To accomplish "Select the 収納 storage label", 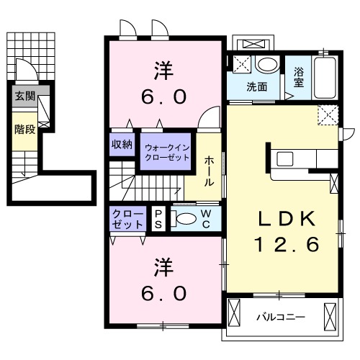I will pyautogui.click(x=122, y=144).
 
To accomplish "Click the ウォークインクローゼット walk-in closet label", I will pyautogui.click(x=166, y=153).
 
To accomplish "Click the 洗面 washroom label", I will pyautogui.click(x=257, y=87).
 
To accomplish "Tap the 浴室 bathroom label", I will pyautogui.click(x=298, y=77).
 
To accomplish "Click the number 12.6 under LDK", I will pyautogui.click(x=284, y=245).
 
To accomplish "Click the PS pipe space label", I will pyautogui.click(x=158, y=219).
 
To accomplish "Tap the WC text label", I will pyautogui.click(x=205, y=218).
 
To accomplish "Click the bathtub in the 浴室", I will pyautogui.click(x=328, y=78).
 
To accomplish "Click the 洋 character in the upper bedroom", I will pyautogui.click(x=163, y=71).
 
